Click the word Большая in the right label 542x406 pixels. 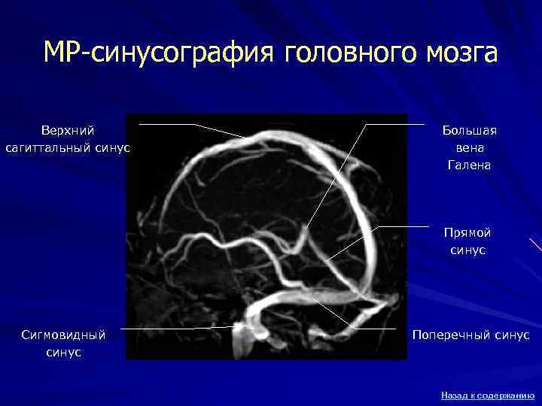pos(470,132)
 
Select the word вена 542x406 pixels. pos(470,148)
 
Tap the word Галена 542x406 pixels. pos(470,165)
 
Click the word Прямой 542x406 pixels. pos(468,234)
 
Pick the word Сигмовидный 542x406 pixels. pos(63,335)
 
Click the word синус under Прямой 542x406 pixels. pos(468,250)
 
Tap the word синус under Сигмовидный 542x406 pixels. pos(63,351)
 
